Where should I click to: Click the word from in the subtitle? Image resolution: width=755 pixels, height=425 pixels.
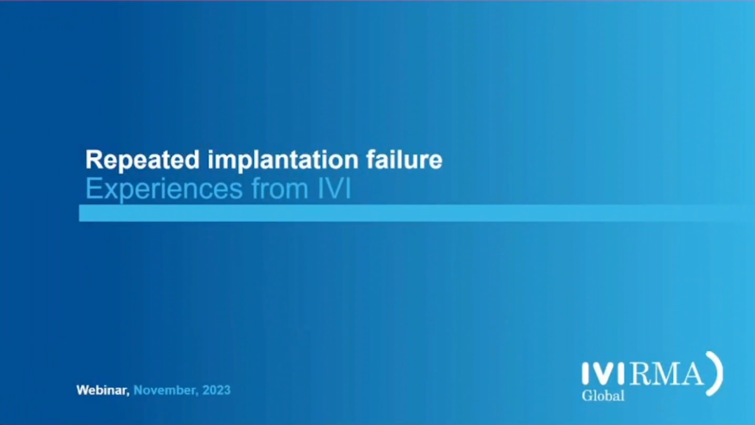pyautogui.click(x=280, y=189)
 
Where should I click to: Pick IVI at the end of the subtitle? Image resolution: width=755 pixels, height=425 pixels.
pyautogui.click(x=334, y=189)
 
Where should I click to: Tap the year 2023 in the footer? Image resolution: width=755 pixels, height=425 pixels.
pyautogui.click(x=216, y=390)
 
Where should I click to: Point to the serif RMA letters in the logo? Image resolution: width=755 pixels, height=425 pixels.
pyautogui.click(x=666, y=374)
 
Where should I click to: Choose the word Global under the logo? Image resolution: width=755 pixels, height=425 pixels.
pyautogui.click(x=603, y=395)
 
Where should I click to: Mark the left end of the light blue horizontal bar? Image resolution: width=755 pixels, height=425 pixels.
pyautogui.click(x=79, y=213)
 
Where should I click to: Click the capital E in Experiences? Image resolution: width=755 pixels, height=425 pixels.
pyautogui.click(x=93, y=189)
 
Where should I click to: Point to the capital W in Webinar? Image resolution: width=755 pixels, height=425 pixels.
pyautogui.click(x=84, y=390)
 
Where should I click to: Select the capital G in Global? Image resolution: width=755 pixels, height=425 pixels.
pyautogui.click(x=587, y=395)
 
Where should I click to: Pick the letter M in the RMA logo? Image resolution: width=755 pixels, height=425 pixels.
pyautogui.click(x=666, y=374)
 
